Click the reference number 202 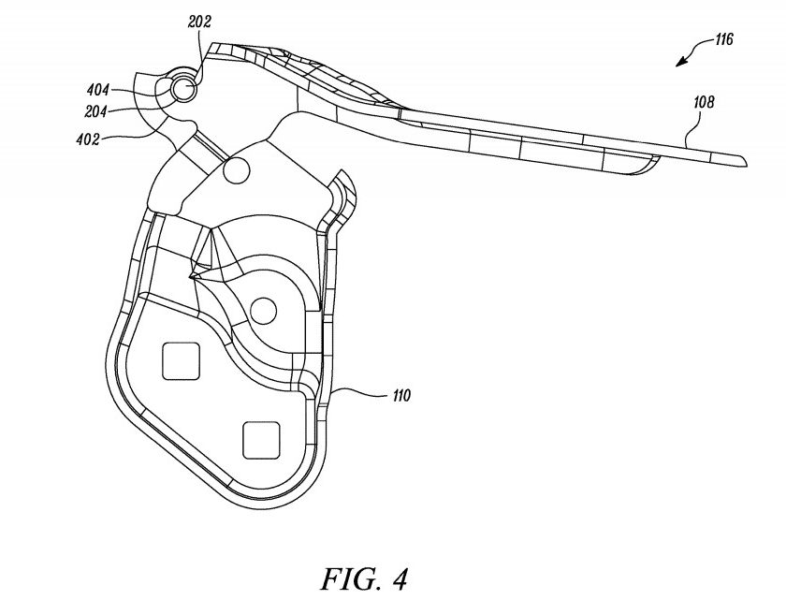tap(199, 22)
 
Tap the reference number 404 tap(97, 90)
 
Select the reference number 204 tap(95, 111)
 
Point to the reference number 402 tap(88, 139)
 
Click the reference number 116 tap(724, 39)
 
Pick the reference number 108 tap(704, 103)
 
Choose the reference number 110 tap(401, 396)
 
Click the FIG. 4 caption tap(364, 579)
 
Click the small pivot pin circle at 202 tap(183, 89)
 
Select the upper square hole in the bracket tap(181, 361)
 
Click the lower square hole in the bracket tap(261, 440)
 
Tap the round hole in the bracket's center tap(263, 312)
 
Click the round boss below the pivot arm tap(236, 170)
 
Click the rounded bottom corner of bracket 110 tap(270, 499)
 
